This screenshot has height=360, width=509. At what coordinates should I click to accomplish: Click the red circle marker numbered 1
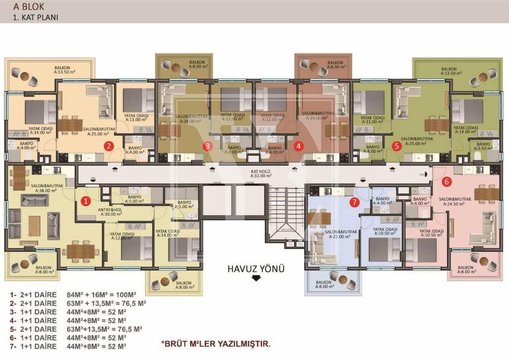[85, 201]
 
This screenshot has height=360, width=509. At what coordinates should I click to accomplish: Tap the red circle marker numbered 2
[108, 146]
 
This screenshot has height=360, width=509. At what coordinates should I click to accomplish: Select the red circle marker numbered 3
[208, 146]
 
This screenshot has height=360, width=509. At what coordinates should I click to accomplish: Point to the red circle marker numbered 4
[298, 146]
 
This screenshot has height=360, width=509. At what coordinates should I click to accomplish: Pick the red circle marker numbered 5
[396, 146]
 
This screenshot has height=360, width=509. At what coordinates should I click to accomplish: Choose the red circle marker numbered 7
[354, 202]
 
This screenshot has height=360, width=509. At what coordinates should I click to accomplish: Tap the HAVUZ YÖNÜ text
[256, 269]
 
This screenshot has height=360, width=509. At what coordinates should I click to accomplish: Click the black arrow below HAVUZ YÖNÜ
[256, 278]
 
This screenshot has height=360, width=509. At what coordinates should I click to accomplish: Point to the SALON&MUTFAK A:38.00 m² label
[47, 187]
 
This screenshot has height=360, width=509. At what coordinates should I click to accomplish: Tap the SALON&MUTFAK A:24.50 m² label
[455, 201]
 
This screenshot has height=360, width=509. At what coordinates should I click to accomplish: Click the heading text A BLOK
[29, 7]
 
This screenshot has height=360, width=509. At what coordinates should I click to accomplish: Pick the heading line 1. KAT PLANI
[36, 17]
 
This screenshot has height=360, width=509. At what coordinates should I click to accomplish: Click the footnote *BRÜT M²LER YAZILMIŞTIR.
[216, 344]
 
